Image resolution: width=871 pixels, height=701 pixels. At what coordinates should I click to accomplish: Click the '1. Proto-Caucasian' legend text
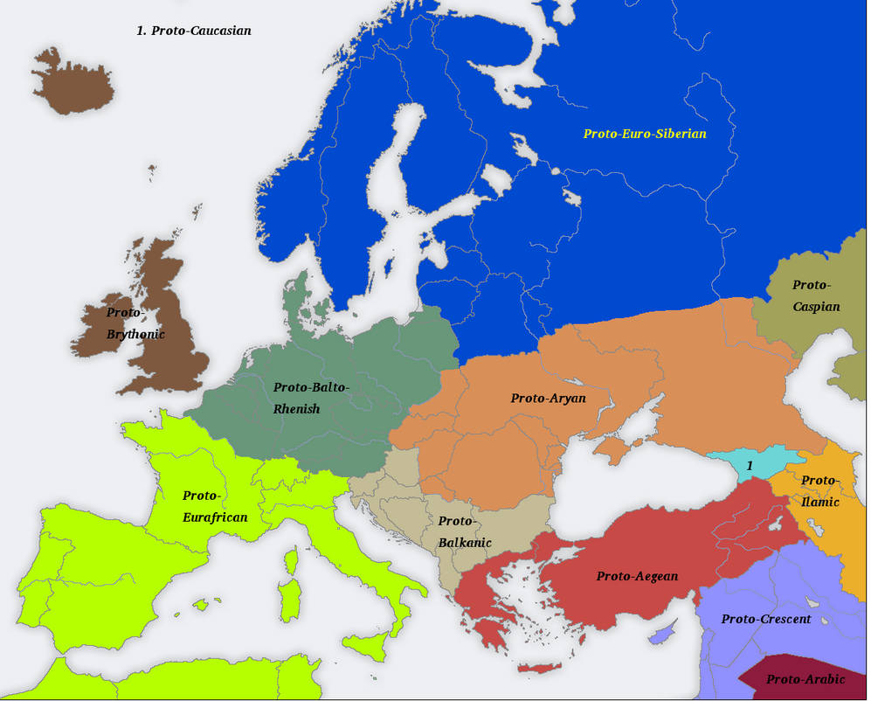click(x=193, y=31)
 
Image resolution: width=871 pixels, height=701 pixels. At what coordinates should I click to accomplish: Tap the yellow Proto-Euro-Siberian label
click(x=645, y=134)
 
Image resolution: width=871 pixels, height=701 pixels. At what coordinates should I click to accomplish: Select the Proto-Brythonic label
click(x=135, y=323)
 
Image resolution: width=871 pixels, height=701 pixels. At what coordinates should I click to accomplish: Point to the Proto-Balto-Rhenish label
click(x=310, y=398)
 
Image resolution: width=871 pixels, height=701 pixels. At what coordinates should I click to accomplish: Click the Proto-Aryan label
click(x=548, y=399)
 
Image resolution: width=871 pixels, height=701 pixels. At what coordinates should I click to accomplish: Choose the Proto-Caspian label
click(x=816, y=295)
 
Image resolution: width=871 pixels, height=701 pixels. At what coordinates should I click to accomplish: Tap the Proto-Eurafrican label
click(x=215, y=506)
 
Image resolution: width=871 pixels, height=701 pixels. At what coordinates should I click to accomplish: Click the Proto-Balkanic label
click(x=464, y=531)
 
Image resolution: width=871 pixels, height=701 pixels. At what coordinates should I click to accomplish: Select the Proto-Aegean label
click(x=637, y=576)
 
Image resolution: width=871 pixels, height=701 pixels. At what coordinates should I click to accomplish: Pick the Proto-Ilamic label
click(x=819, y=491)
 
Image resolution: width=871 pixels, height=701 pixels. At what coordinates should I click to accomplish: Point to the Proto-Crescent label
click(x=766, y=619)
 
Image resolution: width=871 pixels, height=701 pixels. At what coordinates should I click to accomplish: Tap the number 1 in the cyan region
click(x=749, y=466)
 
